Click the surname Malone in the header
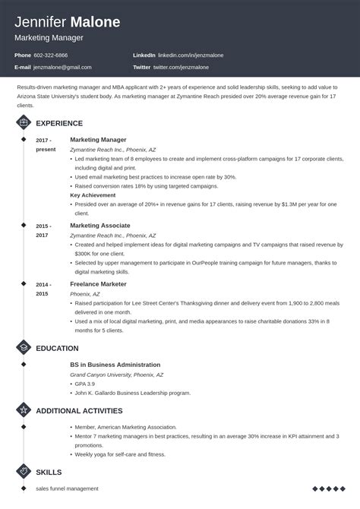[93, 22]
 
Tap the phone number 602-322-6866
[51, 55]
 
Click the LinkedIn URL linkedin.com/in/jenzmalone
[188, 55]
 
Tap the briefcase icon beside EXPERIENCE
[24, 123]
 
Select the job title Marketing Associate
[99, 226]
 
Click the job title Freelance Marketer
[98, 284]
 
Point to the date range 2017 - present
[46, 144]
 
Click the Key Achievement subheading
[93, 195]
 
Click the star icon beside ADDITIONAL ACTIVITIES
[24, 410]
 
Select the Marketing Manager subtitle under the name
[49, 37]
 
